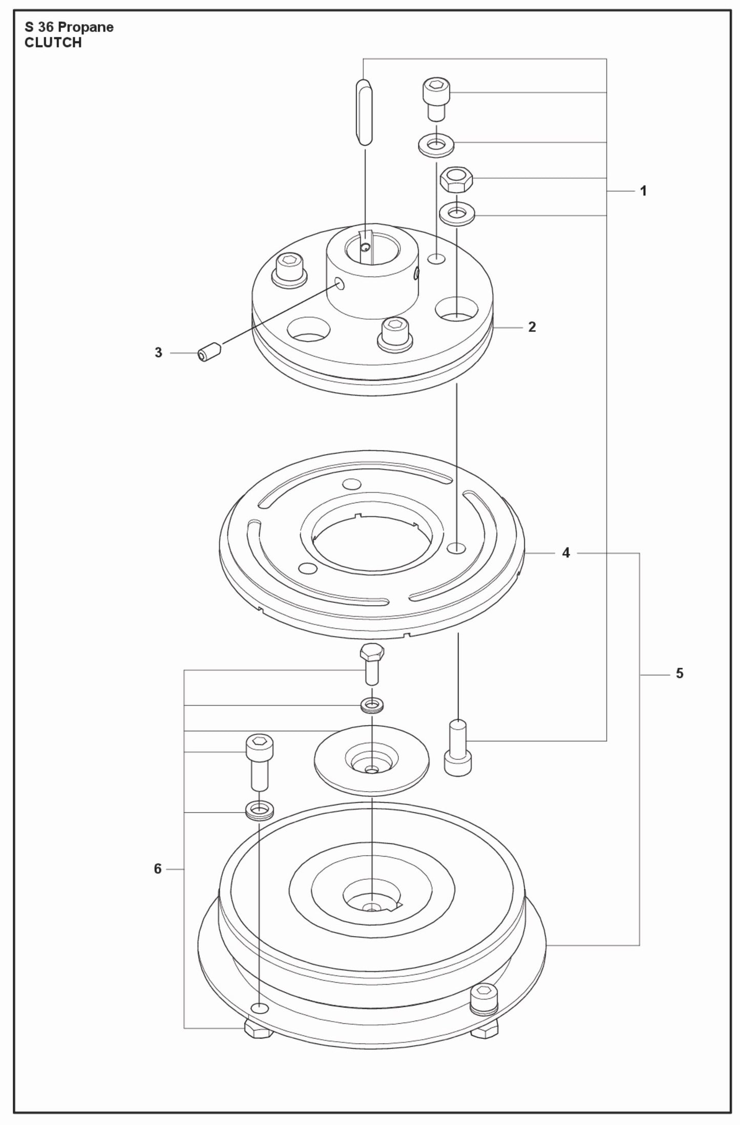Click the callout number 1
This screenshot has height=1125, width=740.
643,191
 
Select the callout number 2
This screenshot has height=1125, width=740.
532,327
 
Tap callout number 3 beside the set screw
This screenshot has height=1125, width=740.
158,353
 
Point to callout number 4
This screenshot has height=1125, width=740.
566,553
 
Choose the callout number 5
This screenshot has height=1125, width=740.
680,673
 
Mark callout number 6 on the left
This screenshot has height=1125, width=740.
158,869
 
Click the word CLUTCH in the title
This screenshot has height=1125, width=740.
53,43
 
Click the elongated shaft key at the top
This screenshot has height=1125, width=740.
364,113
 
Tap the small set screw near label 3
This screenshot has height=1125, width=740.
209,353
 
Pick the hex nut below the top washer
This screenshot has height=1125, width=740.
456,179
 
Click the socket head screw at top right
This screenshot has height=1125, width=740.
436,97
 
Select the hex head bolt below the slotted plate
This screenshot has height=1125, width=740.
372,664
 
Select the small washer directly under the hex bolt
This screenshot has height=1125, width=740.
372,706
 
